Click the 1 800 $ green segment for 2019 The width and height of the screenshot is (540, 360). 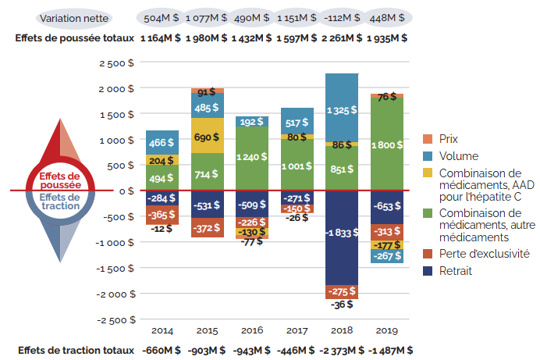[387, 144]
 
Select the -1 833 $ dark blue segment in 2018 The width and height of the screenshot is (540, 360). [342, 237]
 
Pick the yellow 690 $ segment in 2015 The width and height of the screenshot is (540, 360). [208, 136]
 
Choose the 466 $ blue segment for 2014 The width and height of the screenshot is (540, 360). [162, 142]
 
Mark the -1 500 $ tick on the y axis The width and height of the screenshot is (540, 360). [114, 269]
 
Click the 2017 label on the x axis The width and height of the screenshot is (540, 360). [297, 331]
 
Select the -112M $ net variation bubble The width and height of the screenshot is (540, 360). [342, 17]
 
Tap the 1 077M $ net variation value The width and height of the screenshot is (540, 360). [208, 17]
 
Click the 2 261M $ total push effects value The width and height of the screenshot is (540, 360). [342, 37]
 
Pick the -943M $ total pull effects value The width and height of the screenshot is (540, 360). [252, 350]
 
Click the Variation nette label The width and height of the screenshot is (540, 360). [74, 17]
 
